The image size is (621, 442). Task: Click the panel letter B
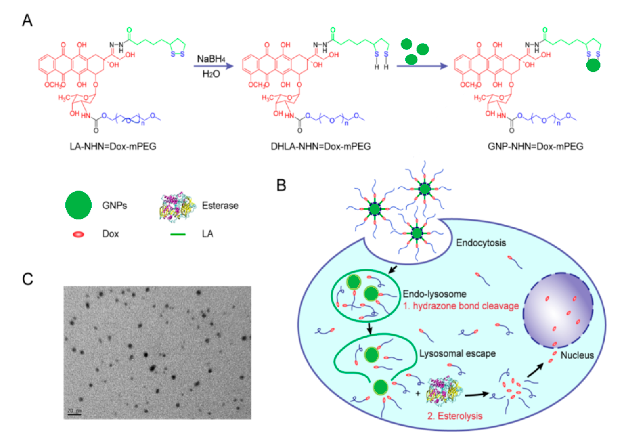281,185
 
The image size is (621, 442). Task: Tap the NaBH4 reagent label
211,59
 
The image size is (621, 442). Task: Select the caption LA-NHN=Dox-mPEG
113,146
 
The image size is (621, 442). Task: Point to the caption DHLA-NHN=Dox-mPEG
321,146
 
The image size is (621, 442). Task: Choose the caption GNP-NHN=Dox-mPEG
535,146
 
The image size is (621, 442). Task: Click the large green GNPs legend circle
78,205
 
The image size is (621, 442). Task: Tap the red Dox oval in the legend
78,234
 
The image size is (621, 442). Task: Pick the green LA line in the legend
178,234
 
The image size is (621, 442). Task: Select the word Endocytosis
481,243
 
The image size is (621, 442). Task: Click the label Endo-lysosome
434,294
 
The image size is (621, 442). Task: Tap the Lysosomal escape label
457,354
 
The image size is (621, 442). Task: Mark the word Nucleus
577,355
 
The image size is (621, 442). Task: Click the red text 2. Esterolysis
455,416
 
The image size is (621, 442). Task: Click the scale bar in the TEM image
74,415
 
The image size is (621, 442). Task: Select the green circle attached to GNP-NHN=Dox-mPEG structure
593,65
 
